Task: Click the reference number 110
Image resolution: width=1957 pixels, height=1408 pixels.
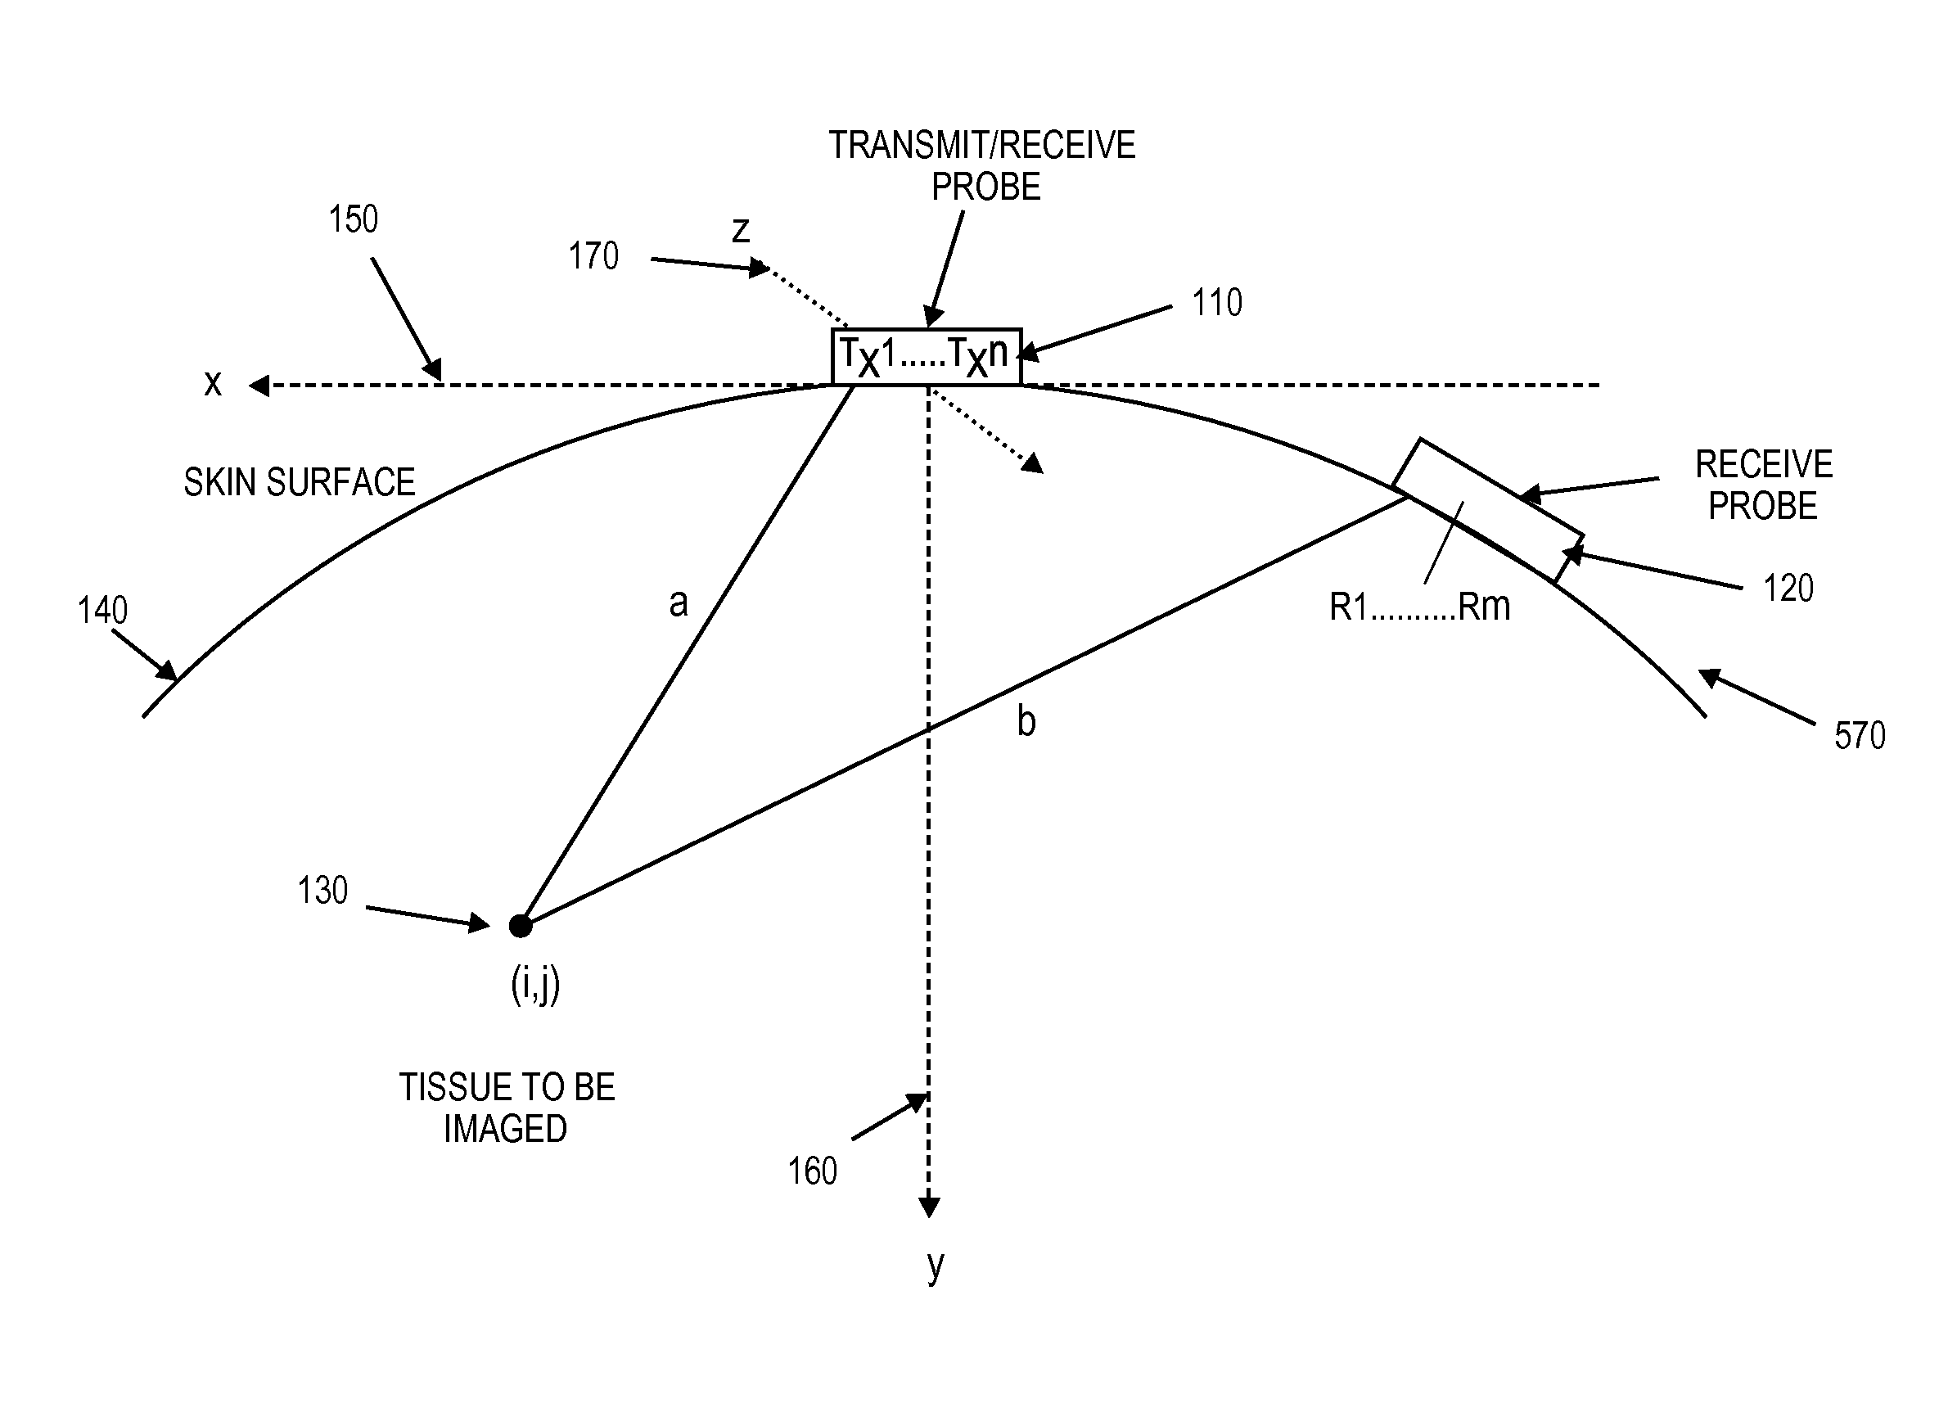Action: click(1216, 303)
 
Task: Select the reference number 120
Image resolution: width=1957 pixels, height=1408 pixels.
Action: click(1788, 589)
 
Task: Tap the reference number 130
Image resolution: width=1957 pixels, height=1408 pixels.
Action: click(322, 891)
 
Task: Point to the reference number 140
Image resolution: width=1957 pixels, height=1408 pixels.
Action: click(101, 611)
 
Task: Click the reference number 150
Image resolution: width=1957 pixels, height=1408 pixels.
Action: click(352, 219)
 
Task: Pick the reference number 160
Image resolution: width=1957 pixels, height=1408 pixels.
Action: click(811, 1171)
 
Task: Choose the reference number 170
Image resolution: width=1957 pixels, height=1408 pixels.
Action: click(593, 256)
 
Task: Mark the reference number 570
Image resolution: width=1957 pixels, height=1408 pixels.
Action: click(1860, 736)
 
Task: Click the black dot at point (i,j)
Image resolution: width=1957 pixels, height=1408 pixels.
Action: click(521, 926)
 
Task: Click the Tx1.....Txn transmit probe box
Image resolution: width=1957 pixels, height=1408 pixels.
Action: click(926, 355)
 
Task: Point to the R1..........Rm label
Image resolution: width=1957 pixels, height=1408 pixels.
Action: click(1419, 607)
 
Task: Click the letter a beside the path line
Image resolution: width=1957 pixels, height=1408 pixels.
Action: click(679, 602)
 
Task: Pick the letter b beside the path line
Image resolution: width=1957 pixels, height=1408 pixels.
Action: click(1025, 720)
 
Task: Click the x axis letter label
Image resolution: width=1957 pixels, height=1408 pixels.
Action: click(212, 382)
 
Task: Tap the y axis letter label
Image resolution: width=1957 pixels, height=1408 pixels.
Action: click(935, 1266)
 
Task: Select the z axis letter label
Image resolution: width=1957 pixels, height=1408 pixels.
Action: click(741, 229)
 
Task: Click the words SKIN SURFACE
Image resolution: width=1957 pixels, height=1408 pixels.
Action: click(299, 482)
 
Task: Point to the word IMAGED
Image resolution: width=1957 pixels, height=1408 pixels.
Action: click(505, 1129)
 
